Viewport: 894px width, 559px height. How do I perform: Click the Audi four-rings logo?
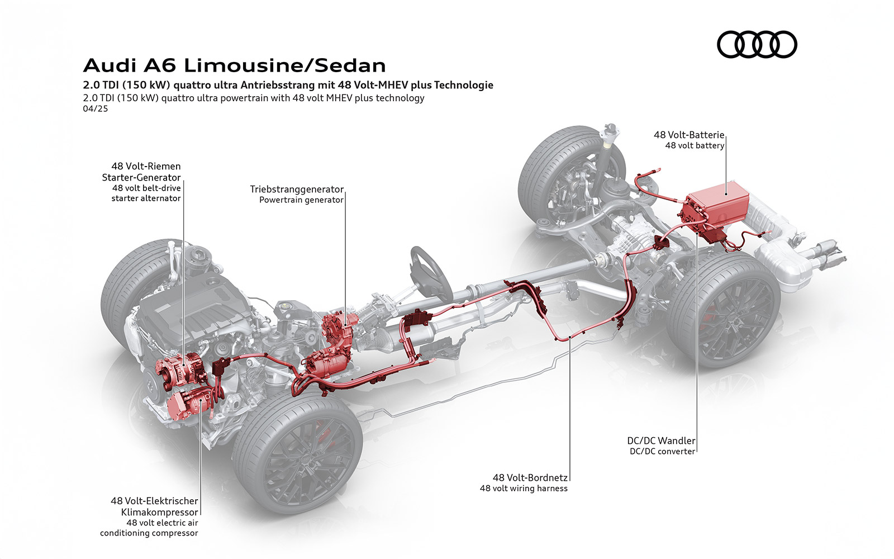point(757,44)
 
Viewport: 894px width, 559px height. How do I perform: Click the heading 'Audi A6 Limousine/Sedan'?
point(234,65)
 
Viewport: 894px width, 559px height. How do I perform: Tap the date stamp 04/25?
point(95,108)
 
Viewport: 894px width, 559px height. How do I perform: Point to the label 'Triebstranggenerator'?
point(297,189)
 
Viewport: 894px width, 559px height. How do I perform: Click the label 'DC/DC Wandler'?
point(661,440)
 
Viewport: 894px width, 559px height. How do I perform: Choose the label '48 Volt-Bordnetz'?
point(530,477)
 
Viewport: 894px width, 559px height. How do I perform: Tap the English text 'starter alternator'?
point(146,198)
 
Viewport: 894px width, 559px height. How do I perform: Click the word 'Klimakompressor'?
point(159,512)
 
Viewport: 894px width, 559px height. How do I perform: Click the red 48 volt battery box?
point(718,207)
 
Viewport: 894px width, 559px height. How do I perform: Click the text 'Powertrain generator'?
point(301,200)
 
